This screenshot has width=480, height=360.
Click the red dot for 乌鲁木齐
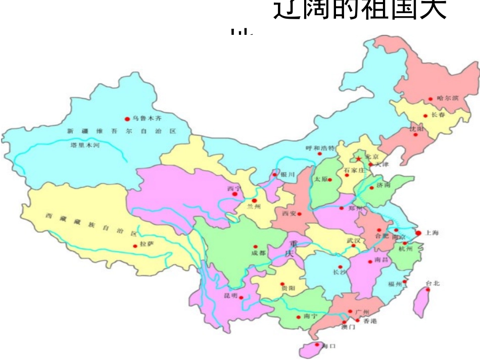(x=127, y=119)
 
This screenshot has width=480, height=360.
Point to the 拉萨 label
(x=147, y=244)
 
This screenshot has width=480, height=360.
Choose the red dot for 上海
(x=418, y=233)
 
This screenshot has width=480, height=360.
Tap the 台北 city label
(x=433, y=283)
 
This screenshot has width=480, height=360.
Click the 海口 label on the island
(x=329, y=346)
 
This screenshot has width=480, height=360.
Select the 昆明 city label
(x=231, y=296)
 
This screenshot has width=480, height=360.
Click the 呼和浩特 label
(x=320, y=148)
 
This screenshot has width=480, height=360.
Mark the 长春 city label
(x=438, y=115)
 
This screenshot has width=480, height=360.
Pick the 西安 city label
(x=289, y=214)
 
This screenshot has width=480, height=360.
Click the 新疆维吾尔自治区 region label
(x=121, y=131)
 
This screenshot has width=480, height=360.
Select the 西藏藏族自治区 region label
(x=91, y=224)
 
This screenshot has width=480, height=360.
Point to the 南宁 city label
(x=311, y=316)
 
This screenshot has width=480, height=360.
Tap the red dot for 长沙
(x=341, y=267)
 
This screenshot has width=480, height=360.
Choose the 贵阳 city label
(x=289, y=288)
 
